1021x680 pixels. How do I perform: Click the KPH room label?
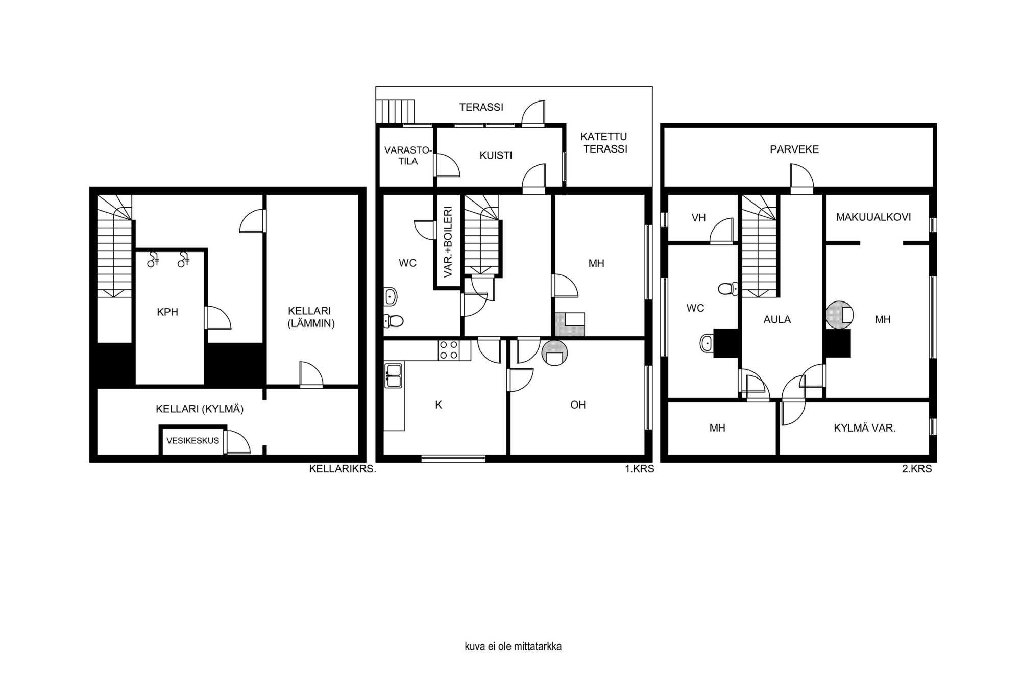click(167, 312)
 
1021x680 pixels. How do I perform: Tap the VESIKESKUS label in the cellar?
click(192, 441)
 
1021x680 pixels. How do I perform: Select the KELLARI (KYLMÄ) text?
click(200, 409)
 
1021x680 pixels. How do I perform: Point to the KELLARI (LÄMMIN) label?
click(311, 317)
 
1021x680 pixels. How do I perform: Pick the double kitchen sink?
click(393, 376)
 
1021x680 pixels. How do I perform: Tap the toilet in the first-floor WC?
click(393, 321)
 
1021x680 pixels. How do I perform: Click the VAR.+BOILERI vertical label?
click(448, 242)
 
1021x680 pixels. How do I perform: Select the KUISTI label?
click(496, 156)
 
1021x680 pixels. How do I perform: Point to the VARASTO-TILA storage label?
click(408, 156)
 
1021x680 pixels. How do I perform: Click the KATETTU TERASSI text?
click(604, 143)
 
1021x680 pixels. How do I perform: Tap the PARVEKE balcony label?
click(794, 149)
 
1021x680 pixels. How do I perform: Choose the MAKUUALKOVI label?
click(873, 217)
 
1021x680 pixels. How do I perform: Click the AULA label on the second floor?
click(777, 320)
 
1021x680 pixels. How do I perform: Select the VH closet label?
click(698, 218)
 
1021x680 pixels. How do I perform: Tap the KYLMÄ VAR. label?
click(865, 428)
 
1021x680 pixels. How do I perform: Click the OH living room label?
click(578, 405)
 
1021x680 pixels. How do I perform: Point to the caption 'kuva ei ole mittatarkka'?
click(513, 647)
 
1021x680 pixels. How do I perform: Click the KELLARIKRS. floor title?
click(343, 469)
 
